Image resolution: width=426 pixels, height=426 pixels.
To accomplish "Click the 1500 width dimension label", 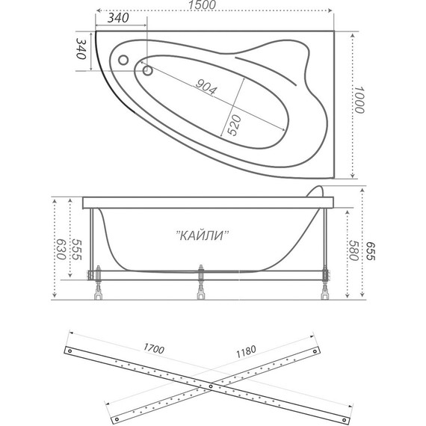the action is coord(203,4).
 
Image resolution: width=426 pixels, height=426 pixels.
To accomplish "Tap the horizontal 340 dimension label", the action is coord(118,18).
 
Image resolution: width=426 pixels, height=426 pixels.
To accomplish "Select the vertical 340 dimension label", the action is coord(81,49).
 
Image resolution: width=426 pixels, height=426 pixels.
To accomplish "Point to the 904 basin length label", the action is coord(206,87).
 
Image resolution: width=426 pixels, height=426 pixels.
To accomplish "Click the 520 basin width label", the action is coord(234,126).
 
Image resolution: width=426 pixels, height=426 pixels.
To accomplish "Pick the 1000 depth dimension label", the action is coord(359,100).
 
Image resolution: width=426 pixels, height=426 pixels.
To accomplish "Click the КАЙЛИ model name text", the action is coord(203,235).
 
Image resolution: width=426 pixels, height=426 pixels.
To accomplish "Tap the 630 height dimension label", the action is coord(61,250).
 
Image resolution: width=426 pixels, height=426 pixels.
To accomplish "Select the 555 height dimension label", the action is coord(76,250).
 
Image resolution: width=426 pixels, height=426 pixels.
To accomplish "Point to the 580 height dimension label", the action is coord(354,250).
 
